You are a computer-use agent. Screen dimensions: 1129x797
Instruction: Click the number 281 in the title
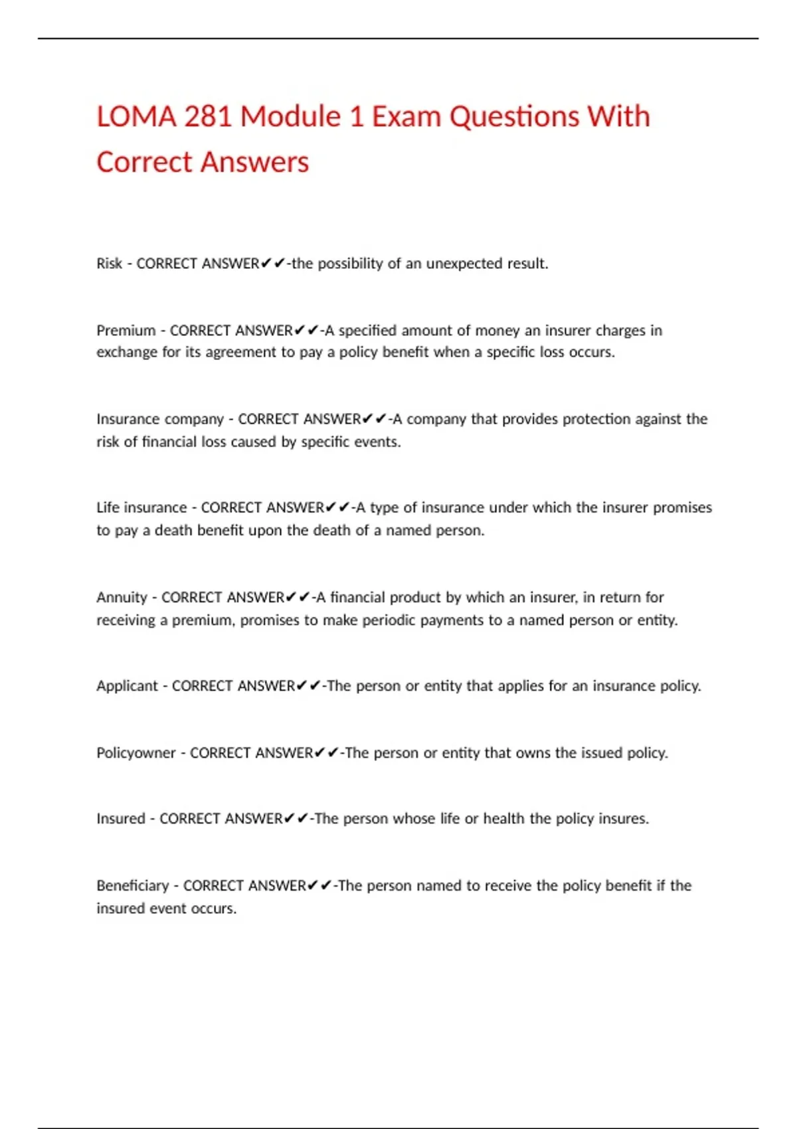click(207, 117)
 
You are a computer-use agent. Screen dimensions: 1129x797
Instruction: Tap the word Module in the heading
click(290, 117)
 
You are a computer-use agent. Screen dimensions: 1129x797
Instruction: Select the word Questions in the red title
click(514, 117)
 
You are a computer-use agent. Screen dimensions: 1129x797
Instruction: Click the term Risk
click(109, 264)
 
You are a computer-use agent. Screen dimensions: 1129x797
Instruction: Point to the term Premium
click(126, 331)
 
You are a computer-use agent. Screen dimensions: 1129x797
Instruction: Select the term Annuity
click(122, 598)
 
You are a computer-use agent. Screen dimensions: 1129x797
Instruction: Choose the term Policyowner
click(135, 753)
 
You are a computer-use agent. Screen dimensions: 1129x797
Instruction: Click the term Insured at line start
click(120, 819)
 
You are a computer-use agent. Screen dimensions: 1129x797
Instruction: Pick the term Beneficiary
click(132, 886)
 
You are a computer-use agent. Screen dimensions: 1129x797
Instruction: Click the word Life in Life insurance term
click(108, 508)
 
